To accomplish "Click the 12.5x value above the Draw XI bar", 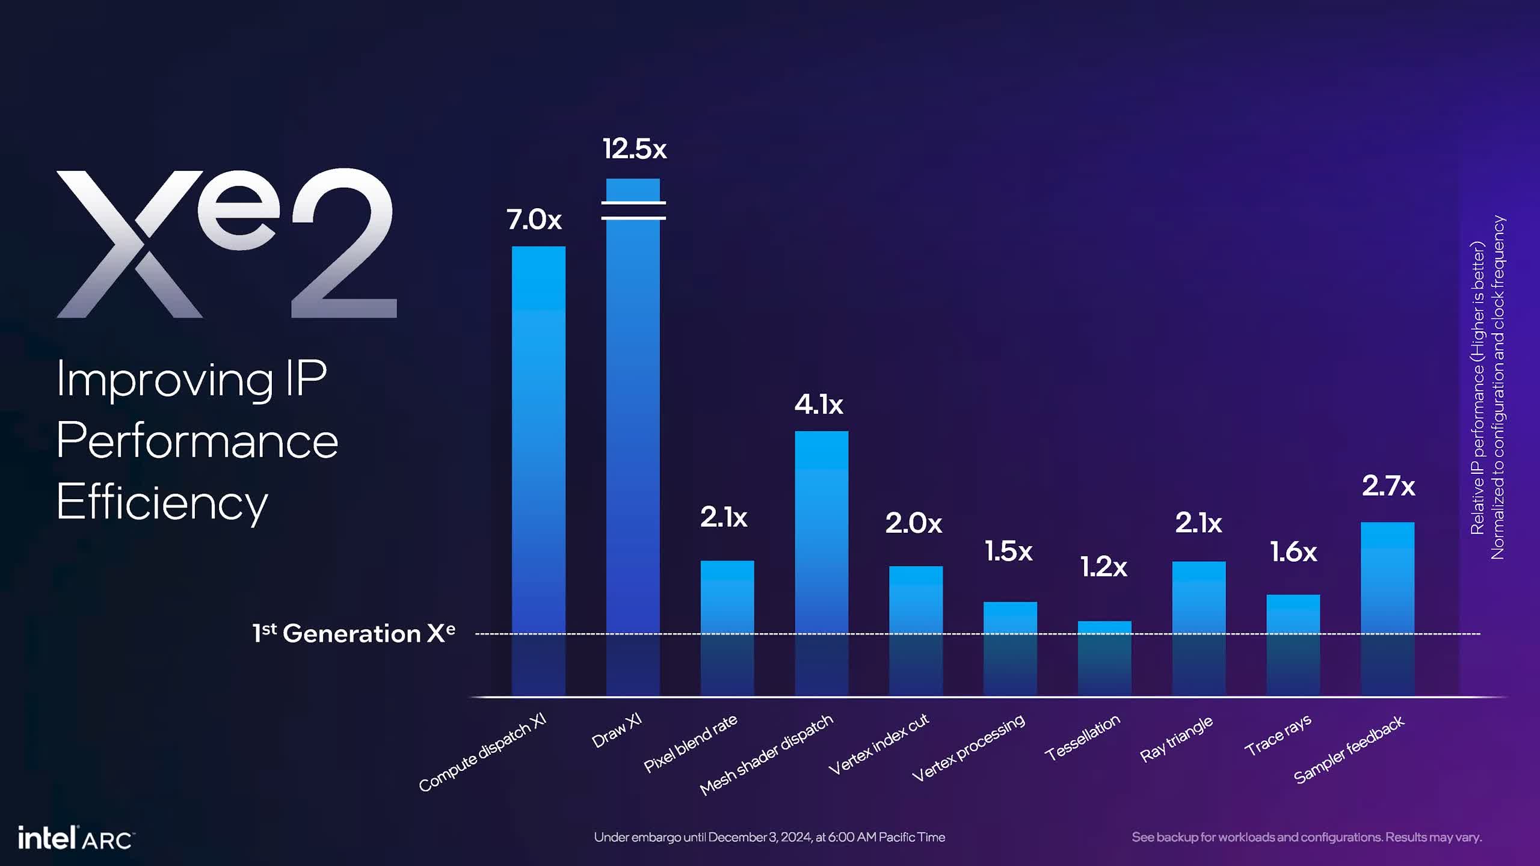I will click(635, 149).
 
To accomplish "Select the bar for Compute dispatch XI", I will click(538, 469).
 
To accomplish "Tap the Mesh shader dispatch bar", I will click(821, 562).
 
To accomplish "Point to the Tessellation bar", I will click(1104, 658).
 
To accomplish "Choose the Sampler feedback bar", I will click(1387, 607).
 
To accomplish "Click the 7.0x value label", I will click(534, 220).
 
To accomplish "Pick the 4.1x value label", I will click(819, 404).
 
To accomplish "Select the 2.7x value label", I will click(1388, 485).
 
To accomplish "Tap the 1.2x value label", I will click(1103, 567).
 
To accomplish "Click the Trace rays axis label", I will click(1278, 735).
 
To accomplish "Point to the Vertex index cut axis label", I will click(878, 744).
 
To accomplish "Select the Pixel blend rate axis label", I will click(691, 743).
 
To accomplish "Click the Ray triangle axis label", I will click(1176, 739).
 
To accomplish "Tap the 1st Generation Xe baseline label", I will click(354, 633).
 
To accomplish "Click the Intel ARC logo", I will click(76, 838).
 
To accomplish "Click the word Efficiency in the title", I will click(162, 502).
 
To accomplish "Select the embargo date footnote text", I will click(769, 837).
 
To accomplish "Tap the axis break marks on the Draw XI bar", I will click(633, 210).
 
